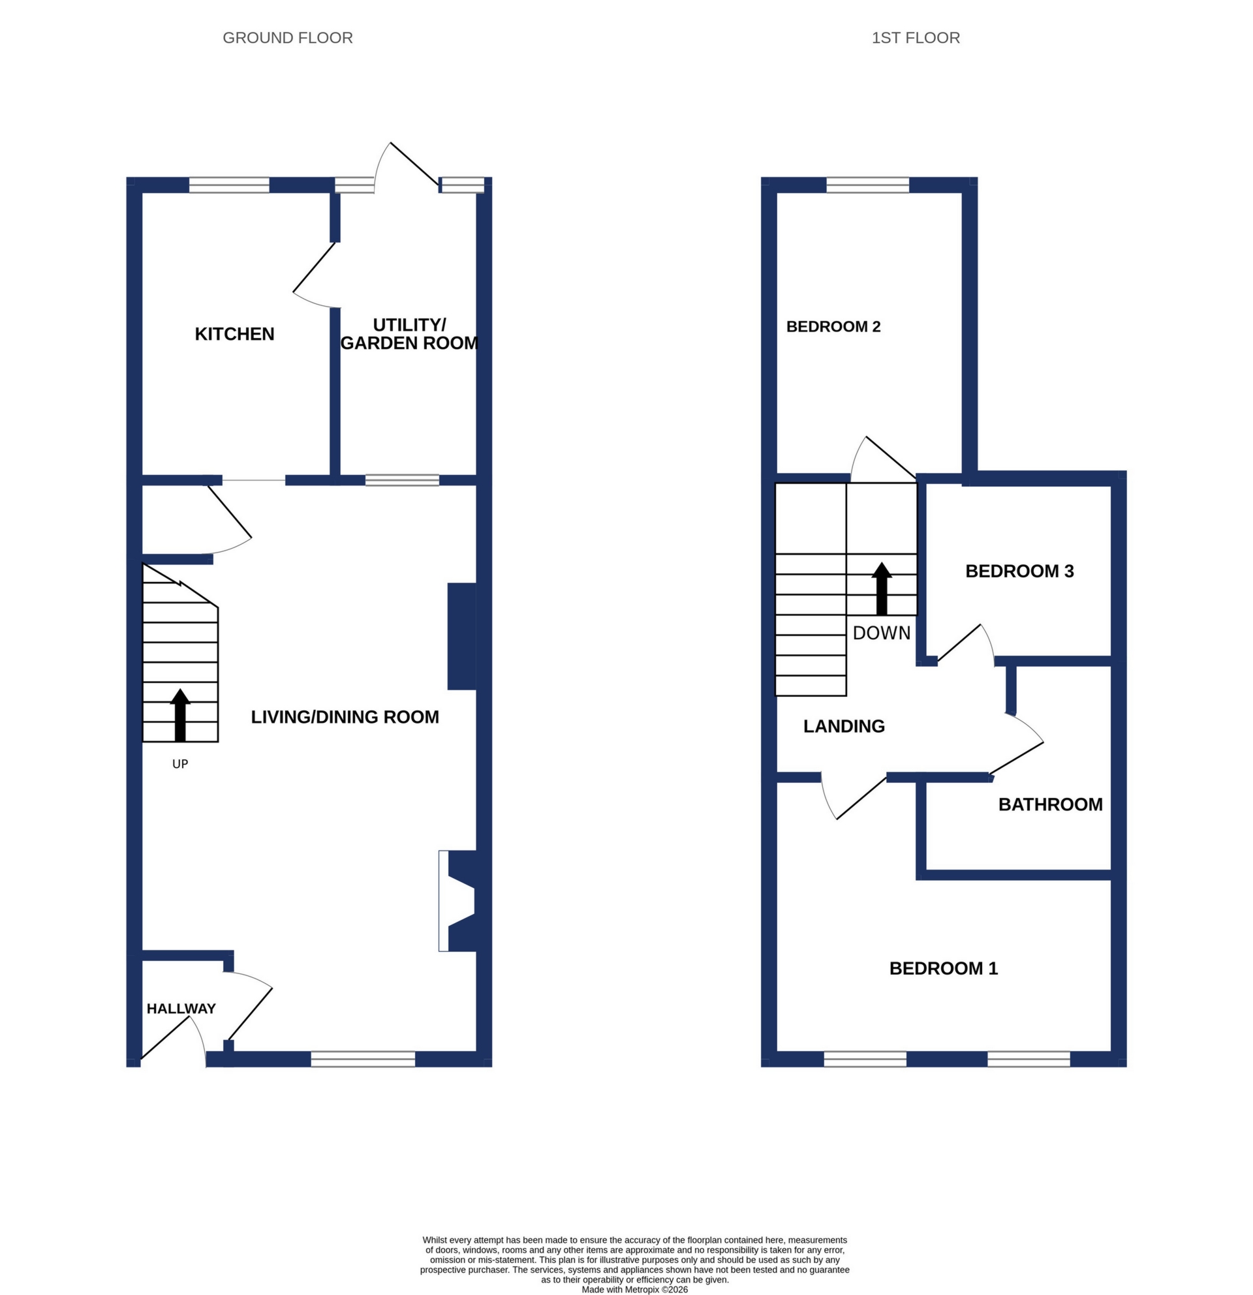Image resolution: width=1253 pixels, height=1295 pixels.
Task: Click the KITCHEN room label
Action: [x=234, y=333]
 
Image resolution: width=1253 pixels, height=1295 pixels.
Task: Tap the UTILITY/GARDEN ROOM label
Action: [x=409, y=333]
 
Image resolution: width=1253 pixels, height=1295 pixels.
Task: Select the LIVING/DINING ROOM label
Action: [x=345, y=717]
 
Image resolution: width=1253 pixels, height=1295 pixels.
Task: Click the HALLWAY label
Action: [x=181, y=1008]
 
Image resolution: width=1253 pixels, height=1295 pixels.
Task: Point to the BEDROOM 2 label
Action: [x=833, y=326]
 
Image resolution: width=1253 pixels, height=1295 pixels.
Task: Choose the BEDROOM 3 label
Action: [x=1019, y=571]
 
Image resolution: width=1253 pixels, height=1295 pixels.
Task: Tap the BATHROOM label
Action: [x=1050, y=804]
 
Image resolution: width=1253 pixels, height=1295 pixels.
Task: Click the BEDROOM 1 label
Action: [x=943, y=968]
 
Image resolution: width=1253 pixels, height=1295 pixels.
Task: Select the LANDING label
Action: [x=843, y=726]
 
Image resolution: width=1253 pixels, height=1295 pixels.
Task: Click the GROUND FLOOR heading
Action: [x=288, y=38]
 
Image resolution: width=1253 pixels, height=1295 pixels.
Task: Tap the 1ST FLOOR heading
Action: [x=916, y=38]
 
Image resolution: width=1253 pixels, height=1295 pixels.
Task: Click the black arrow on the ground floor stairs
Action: [x=179, y=715]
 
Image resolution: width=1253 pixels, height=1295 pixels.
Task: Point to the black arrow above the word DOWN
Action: [x=882, y=588]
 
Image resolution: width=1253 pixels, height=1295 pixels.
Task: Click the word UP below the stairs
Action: [x=179, y=764]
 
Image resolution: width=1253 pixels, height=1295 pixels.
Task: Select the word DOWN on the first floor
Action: [x=882, y=633]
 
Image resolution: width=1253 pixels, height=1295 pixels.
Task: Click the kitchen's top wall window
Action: [x=229, y=185]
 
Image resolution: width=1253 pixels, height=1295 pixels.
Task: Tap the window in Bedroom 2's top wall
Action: [x=868, y=185]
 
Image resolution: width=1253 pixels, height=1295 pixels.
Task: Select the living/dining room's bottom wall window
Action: [x=363, y=1059]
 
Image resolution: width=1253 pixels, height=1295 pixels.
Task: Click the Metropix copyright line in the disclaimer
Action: [x=634, y=1289]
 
